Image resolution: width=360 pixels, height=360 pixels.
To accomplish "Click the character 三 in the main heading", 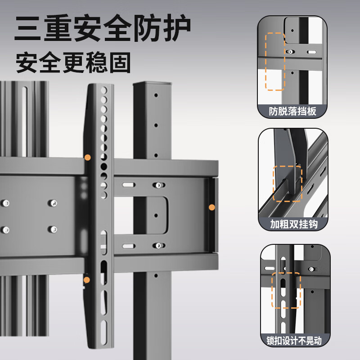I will (29, 29).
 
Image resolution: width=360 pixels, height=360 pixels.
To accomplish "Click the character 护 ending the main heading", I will (176, 29).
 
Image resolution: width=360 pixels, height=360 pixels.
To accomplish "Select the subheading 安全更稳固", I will (73, 63).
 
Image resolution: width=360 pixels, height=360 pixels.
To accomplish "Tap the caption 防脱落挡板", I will (292, 111).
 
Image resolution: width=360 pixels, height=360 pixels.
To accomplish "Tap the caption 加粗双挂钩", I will (292, 224).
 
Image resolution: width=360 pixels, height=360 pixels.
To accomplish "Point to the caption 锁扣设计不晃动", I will (292, 340).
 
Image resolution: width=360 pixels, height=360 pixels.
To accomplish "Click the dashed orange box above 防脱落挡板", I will (275, 61).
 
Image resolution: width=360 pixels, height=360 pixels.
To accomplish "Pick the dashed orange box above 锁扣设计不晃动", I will (286, 290).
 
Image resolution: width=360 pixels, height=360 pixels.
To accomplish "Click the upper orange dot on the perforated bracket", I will (87, 157).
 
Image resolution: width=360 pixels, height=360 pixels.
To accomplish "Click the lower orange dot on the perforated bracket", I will (87, 279).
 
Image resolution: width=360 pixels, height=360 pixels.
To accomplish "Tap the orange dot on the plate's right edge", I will (211, 207).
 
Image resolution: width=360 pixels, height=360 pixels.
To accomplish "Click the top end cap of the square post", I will (152, 84).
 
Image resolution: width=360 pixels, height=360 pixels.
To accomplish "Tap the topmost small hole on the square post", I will (156, 96).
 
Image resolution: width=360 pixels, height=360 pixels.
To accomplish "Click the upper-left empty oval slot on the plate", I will (128, 185).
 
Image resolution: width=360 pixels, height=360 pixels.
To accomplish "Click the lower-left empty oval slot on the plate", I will (128, 245).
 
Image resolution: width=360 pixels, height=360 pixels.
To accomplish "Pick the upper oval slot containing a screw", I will (157, 185).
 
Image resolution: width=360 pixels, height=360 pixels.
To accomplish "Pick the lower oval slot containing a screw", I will (157, 245).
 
